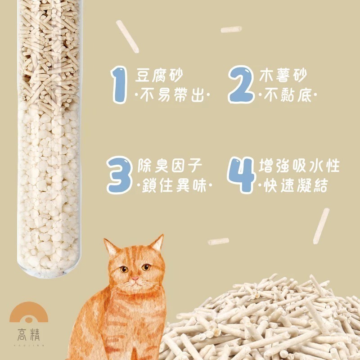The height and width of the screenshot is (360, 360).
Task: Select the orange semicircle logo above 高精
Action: (x=28, y=313)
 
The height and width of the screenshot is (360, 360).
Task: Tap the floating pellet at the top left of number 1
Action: (x=127, y=36)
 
